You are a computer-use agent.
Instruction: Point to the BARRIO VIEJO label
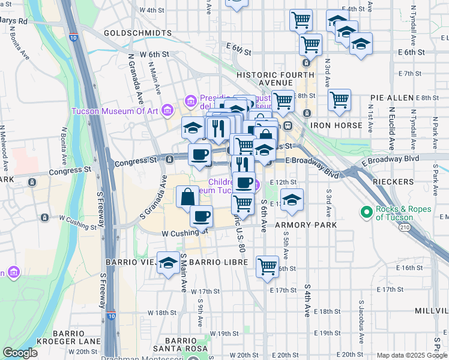[130, 263]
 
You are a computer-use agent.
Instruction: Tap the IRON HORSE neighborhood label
[336, 125]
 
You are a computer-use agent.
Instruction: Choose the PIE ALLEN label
[391, 97]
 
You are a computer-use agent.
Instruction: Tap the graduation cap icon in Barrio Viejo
[168, 263]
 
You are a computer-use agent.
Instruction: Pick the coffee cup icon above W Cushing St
[202, 215]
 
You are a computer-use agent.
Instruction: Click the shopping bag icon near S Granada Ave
[187, 196]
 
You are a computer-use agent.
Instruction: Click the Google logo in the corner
[20, 353]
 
